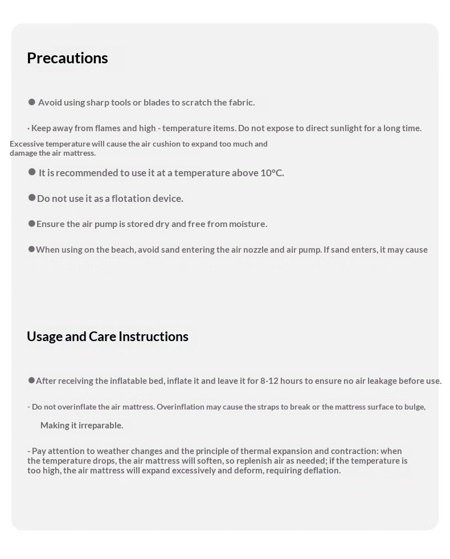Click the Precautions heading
(67, 58)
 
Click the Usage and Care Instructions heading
(108, 337)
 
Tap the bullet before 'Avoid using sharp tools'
(32, 102)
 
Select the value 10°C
(272, 173)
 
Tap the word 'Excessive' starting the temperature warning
(27, 144)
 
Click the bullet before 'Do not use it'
(32, 198)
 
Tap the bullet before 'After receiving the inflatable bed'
(31, 380)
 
